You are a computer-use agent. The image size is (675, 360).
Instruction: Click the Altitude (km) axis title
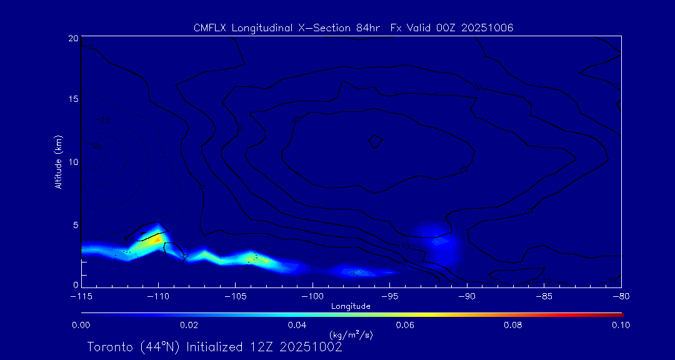click(x=58, y=162)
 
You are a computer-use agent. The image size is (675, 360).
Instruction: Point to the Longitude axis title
click(x=351, y=306)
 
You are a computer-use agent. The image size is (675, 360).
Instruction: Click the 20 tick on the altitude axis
click(x=73, y=38)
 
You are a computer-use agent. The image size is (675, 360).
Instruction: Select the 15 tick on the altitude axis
click(x=73, y=100)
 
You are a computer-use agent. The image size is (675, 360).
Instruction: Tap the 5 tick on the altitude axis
click(x=76, y=224)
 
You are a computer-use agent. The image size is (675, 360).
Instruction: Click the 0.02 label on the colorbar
click(x=189, y=325)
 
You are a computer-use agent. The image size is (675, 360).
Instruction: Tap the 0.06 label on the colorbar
click(x=405, y=325)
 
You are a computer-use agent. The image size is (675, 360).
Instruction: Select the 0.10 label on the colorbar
click(x=621, y=325)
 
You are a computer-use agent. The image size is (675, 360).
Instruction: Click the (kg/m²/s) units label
click(x=351, y=335)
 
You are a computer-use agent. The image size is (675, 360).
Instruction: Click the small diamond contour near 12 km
click(x=375, y=141)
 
